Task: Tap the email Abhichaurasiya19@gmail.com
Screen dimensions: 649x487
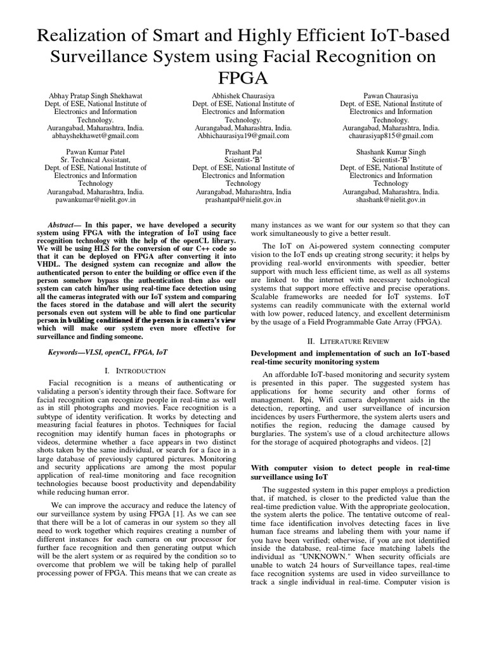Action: pos(242,136)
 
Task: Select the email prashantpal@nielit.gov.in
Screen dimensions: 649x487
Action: pos(242,200)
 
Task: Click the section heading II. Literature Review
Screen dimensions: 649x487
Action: pos(351,340)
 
